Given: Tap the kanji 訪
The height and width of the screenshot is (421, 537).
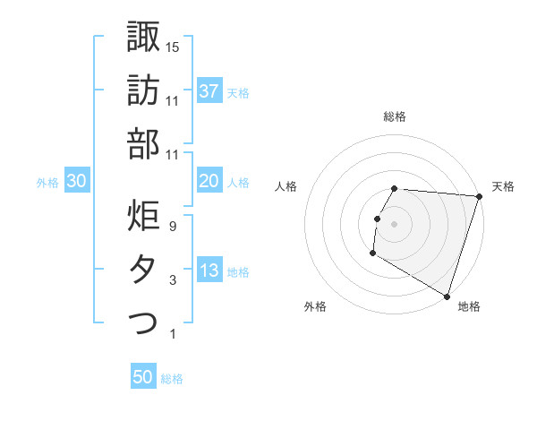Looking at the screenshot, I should point(142,91).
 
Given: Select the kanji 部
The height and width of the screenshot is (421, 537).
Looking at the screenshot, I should point(142,143).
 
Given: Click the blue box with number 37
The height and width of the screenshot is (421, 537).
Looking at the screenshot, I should point(209,90).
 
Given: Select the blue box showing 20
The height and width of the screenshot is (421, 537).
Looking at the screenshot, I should point(209,181).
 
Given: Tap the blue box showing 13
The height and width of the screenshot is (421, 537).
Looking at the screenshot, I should point(209,271).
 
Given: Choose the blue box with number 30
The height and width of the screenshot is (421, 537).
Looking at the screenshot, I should point(77,181).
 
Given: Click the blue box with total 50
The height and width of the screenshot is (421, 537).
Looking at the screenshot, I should point(143,377).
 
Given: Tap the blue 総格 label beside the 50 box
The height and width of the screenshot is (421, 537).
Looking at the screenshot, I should point(172,379).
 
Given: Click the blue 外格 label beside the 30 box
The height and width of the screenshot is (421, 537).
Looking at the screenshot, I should point(47,183).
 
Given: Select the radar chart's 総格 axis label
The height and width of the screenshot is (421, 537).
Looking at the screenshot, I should point(395,116).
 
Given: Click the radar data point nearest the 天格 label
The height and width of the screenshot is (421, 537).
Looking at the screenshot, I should point(480,197).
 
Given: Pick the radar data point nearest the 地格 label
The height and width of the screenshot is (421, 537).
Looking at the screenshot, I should point(447,296).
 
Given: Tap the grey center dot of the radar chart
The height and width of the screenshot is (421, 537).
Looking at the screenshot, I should point(395,223).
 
